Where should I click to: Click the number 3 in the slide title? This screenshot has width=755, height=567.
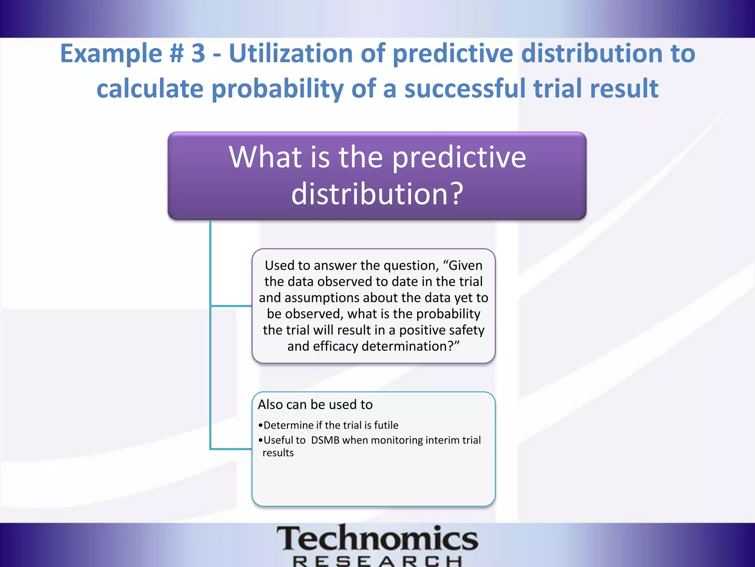point(198,54)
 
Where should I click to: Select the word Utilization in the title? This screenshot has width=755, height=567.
point(290,54)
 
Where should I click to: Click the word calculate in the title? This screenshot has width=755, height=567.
point(150,89)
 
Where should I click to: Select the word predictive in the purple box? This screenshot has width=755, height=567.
point(459,158)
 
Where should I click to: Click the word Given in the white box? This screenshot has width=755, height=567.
point(465,265)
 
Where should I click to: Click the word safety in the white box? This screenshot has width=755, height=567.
point(466,330)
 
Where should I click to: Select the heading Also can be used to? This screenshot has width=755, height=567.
point(315,405)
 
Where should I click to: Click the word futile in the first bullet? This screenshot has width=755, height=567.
point(386,425)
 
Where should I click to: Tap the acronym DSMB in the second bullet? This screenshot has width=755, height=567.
point(325,440)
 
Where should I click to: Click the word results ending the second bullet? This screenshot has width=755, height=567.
point(278,453)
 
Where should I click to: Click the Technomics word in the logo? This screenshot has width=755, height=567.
point(377,539)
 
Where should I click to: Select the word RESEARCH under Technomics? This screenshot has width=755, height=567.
point(377,561)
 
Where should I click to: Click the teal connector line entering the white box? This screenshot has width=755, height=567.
point(232,306)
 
